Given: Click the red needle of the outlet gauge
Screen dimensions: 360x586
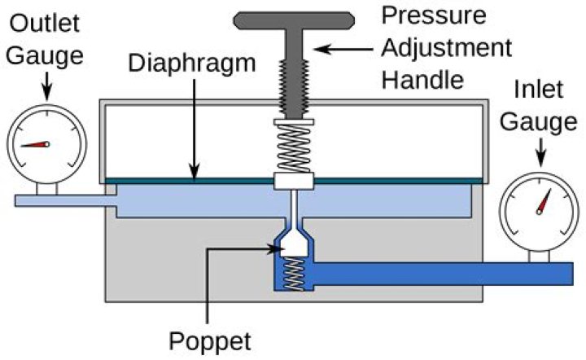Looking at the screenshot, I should point(34,145).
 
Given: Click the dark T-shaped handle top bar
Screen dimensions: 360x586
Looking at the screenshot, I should point(294,18).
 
